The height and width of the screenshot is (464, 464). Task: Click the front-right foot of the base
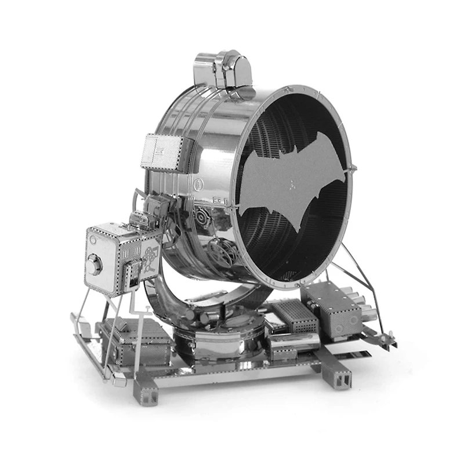339,378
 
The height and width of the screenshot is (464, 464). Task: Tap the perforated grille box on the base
295,317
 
